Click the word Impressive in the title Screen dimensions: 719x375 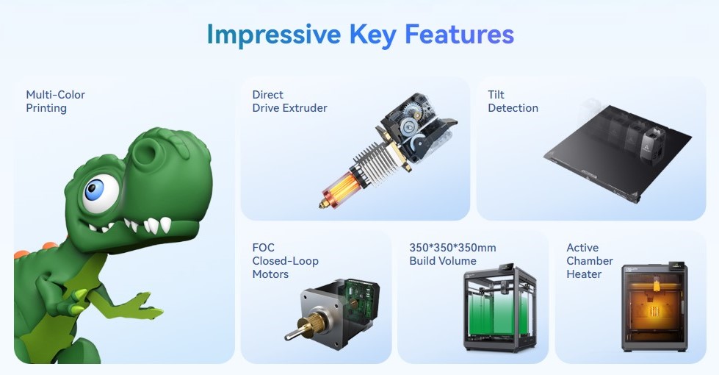274,35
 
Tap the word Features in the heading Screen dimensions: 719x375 459,35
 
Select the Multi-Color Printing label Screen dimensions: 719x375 56,101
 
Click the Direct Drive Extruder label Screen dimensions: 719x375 289,101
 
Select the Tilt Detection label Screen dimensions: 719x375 513,101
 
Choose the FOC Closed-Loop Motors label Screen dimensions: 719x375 285,261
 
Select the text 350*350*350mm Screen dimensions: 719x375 452,248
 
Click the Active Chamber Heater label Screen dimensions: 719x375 590,261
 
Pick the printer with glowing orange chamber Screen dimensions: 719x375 655,307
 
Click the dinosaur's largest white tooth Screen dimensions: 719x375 165,224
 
